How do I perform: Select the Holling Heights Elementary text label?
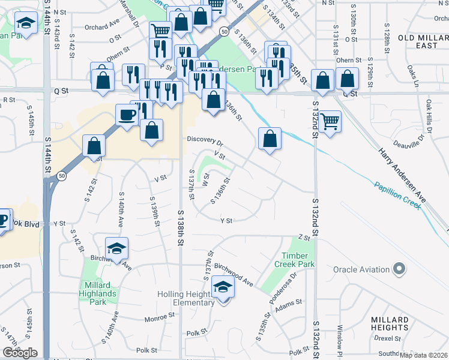[185, 298]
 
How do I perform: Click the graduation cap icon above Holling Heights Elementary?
[223, 287]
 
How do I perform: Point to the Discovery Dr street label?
[205, 141]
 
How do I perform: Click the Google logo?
[20, 353]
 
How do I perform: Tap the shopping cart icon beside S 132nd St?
[330, 121]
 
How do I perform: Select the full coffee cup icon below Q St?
[126, 115]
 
